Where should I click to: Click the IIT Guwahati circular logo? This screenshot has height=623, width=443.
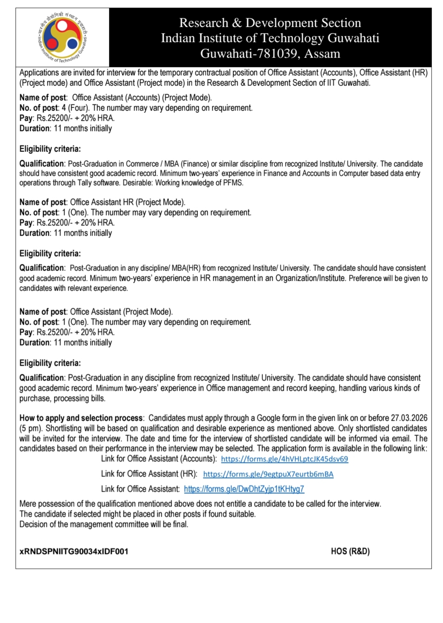pyautogui.click(x=63, y=37)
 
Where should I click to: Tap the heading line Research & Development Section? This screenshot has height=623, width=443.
pyautogui.click(x=270, y=23)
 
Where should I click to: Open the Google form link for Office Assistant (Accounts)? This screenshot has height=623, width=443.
pyautogui.click(x=284, y=459)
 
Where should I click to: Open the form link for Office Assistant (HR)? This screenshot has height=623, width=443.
pyautogui.click(x=268, y=474)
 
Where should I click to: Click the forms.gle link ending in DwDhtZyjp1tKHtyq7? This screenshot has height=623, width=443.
pyautogui.click(x=244, y=489)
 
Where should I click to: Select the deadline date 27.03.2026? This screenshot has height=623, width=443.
pyautogui.click(x=409, y=418)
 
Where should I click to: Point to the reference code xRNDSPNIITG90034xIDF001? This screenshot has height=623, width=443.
pyautogui.click(x=74, y=551)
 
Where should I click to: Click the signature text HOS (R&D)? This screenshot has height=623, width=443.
pyautogui.click(x=350, y=551)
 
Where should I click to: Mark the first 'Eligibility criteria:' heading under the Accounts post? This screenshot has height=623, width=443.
pyautogui.click(x=50, y=149)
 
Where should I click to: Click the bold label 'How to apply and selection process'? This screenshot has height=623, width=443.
pyautogui.click(x=81, y=418)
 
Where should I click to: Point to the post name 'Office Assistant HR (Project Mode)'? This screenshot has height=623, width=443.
pyautogui.click(x=128, y=202)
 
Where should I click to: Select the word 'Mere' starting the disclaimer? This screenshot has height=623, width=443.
pyautogui.click(x=28, y=504)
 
